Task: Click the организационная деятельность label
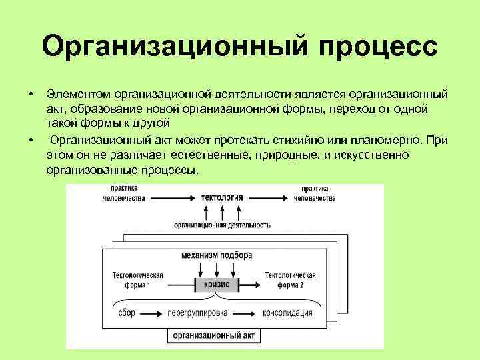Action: pos(222,225)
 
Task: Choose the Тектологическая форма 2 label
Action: pos(289,279)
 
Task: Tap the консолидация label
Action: pos(287,313)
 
